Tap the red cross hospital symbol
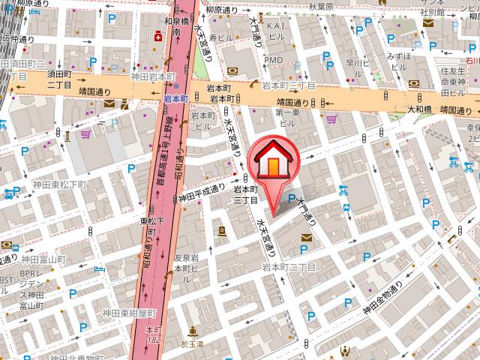158,36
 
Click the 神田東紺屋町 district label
130,312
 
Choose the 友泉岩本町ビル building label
185,262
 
